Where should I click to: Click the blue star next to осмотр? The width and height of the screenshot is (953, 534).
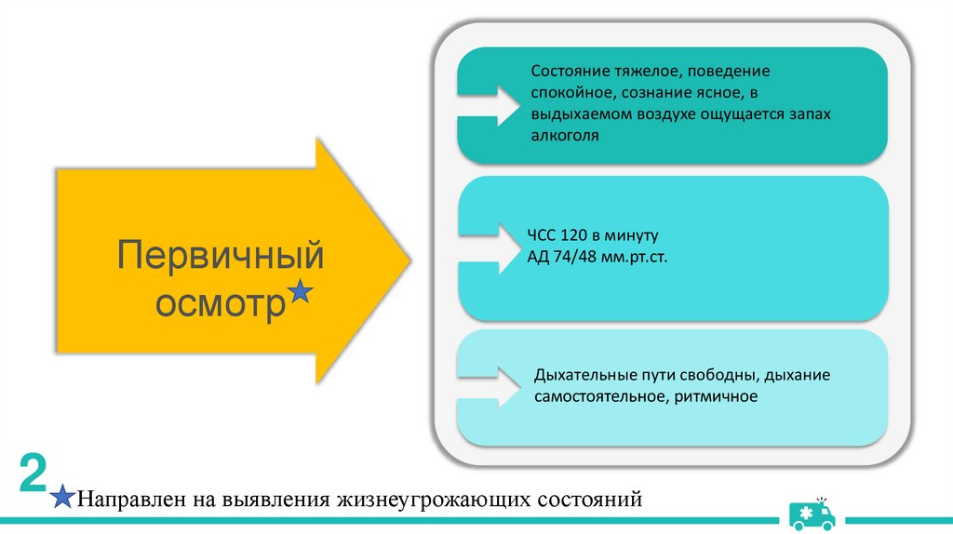pos(301,293)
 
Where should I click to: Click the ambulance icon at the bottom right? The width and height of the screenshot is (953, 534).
pos(812,513)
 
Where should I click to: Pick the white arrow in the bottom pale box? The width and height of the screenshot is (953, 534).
pos(490,383)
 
